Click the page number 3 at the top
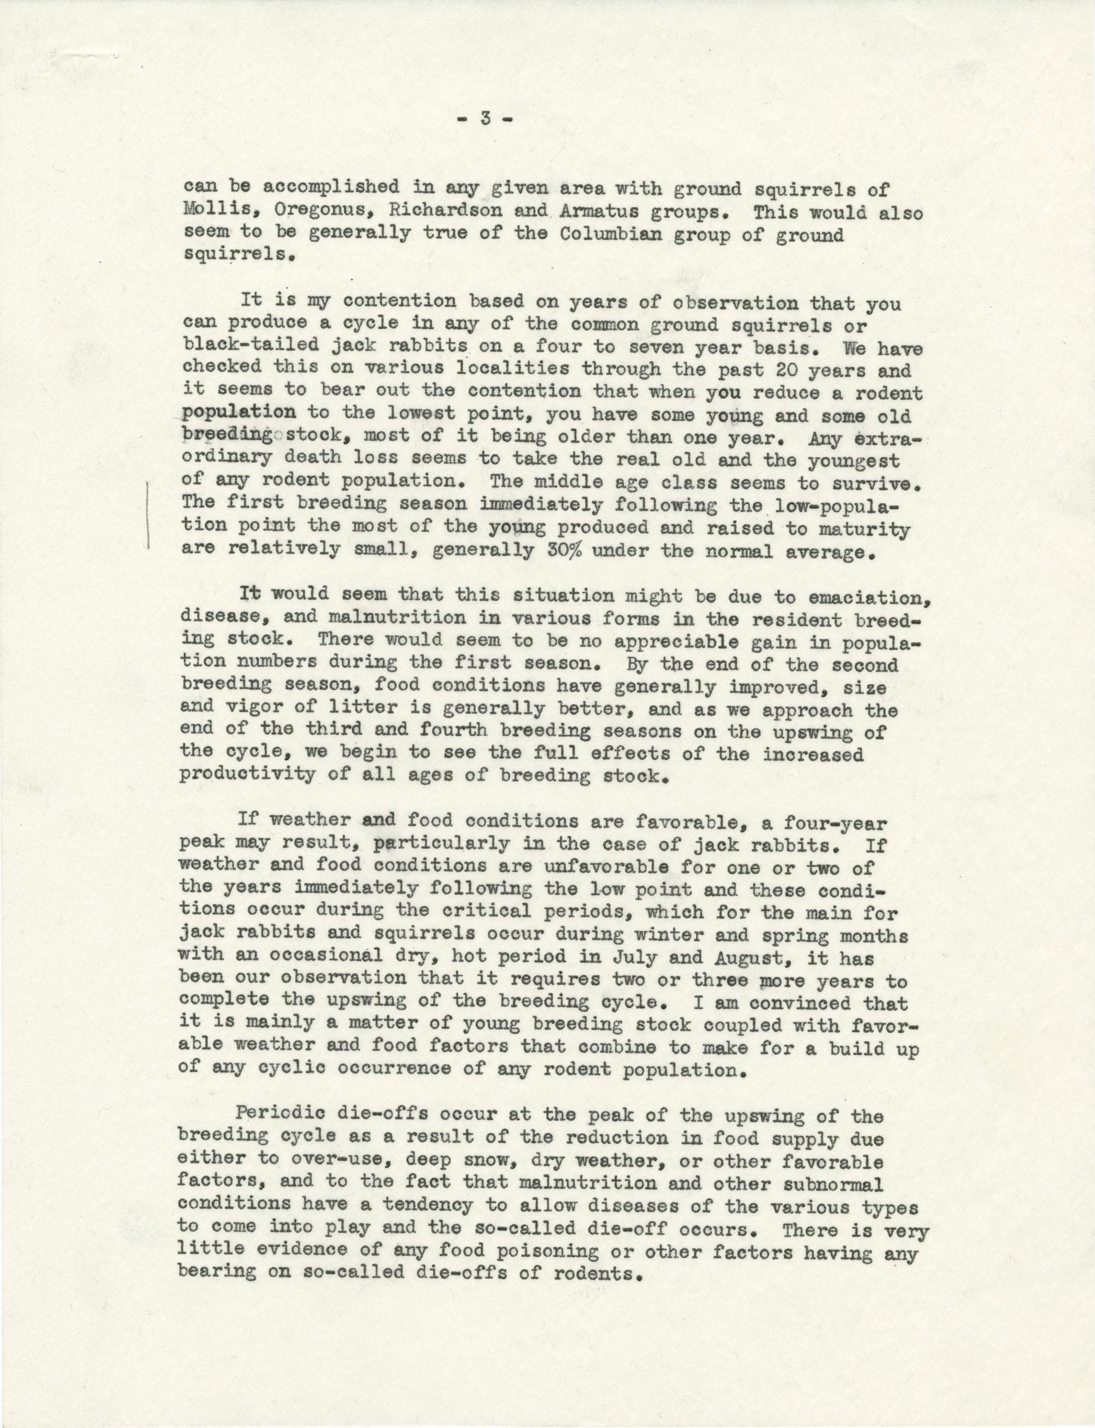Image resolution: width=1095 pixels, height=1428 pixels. (x=483, y=119)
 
